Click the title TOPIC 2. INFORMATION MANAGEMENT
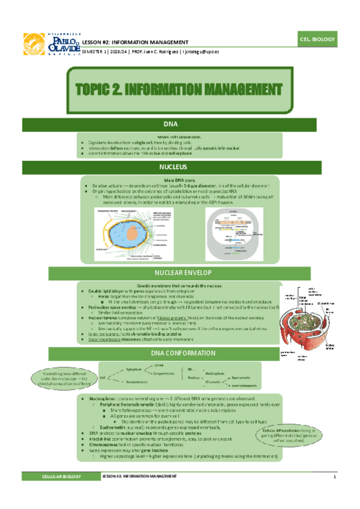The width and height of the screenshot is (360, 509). (180, 90)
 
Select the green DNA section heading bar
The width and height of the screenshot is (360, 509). (179, 124)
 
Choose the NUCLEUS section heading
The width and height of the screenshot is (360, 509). (179, 166)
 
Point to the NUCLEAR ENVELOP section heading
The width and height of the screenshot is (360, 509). (179, 274)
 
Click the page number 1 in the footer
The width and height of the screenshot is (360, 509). (334, 477)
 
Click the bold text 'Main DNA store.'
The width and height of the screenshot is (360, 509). (179, 180)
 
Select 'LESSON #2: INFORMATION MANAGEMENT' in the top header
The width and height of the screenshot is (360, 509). (135, 42)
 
